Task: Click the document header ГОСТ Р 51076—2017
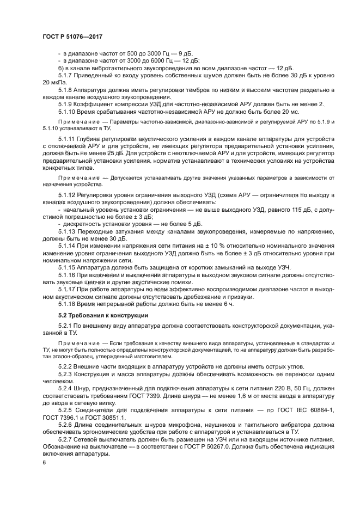pos(72,35)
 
